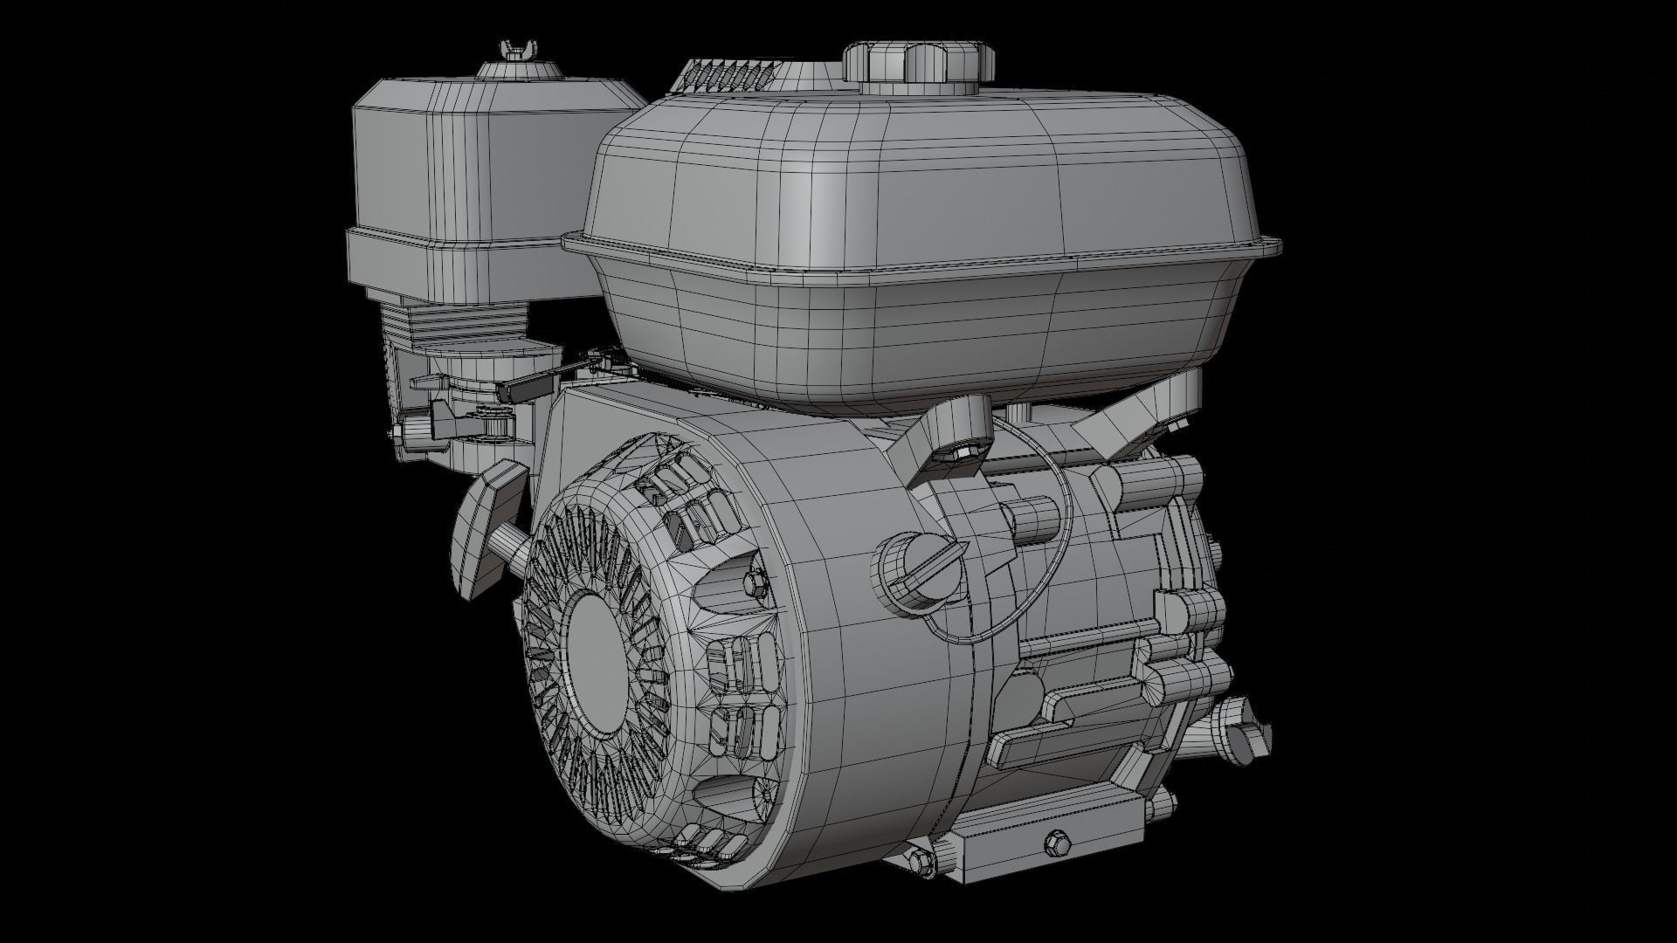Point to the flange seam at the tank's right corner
[x=1271, y=249]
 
